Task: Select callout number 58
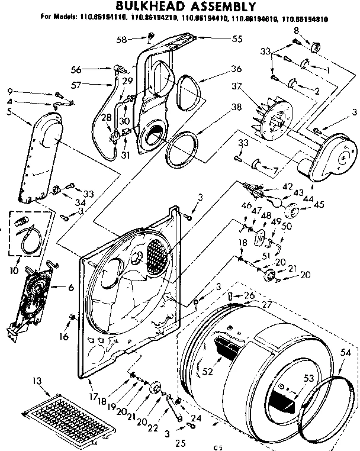pos(121,39)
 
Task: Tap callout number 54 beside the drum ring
pos(346,352)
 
